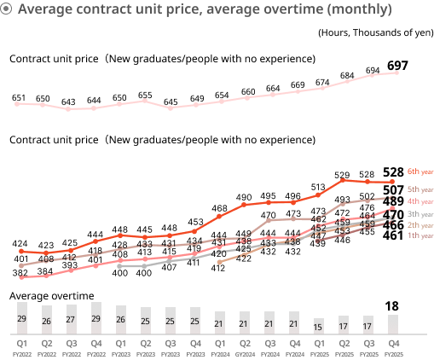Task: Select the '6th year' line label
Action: (x=420, y=171)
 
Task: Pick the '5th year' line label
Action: (x=420, y=189)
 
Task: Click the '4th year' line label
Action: (x=420, y=201)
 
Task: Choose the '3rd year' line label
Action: (x=420, y=214)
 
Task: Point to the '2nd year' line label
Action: (x=420, y=225)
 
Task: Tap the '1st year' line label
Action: (x=420, y=235)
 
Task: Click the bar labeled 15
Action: (x=318, y=326)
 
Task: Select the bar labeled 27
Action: (x=72, y=319)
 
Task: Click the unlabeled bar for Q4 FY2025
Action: (x=393, y=324)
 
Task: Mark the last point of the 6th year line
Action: (x=392, y=182)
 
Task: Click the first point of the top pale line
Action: (x=17, y=103)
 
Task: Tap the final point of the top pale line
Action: (x=396, y=73)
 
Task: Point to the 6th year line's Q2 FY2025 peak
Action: (x=343, y=180)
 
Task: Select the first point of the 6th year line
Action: (x=21, y=251)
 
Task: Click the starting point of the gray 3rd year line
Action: (x=119, y=266)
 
